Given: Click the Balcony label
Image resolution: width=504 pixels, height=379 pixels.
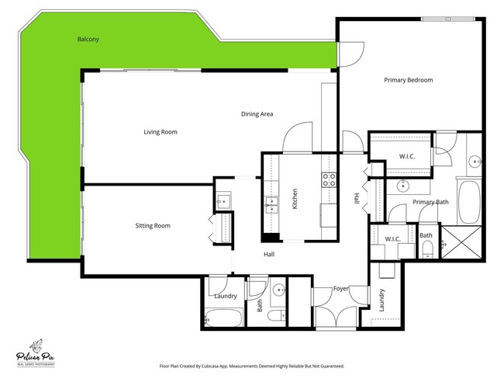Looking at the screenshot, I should coord(88,39).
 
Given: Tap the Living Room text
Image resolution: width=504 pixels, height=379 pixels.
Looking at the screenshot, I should coord(160,132).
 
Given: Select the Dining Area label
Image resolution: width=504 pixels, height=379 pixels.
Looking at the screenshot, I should coord(257,114).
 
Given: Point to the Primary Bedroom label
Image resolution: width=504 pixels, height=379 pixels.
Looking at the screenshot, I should coord(408,80).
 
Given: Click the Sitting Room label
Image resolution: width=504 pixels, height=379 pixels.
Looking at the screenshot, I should coord(153,226).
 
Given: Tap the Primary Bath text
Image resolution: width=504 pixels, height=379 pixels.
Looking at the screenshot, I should coord(430,202).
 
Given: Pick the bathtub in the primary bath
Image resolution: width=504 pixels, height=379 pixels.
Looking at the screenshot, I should coord(470,201).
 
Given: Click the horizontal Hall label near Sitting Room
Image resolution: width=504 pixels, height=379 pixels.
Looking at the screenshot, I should coord(268,254).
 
